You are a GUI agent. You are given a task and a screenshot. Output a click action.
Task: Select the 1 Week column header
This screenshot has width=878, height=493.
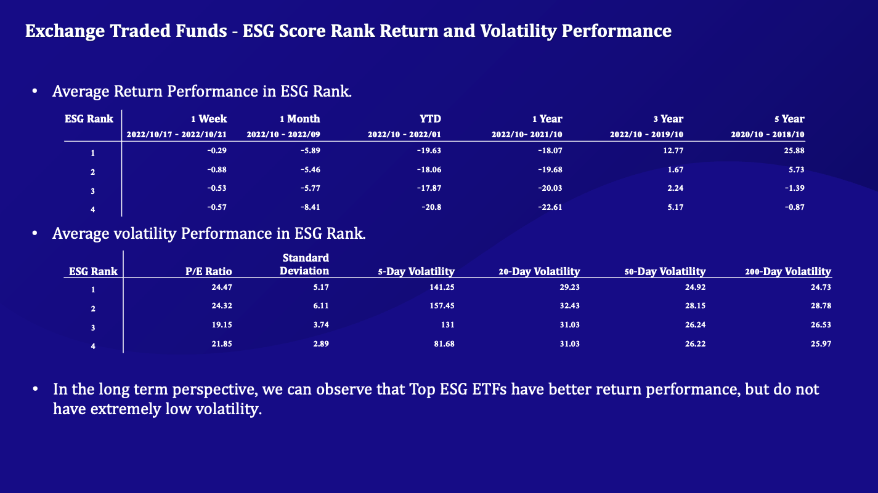pyautogui.click(x=209, y=119)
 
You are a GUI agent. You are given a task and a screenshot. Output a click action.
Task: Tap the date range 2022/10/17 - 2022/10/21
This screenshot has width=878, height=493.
pyautogui.click(x=177, y=134)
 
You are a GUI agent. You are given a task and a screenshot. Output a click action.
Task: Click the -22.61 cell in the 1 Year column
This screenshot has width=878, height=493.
pyautogui.click(x=549, y=207)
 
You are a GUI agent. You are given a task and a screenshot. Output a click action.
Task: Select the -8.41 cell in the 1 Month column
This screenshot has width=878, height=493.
pyautogui.click(x=309, y=207)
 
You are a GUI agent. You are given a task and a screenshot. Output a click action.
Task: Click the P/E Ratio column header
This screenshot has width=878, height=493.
pyautogui.click(x=209, y=271)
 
